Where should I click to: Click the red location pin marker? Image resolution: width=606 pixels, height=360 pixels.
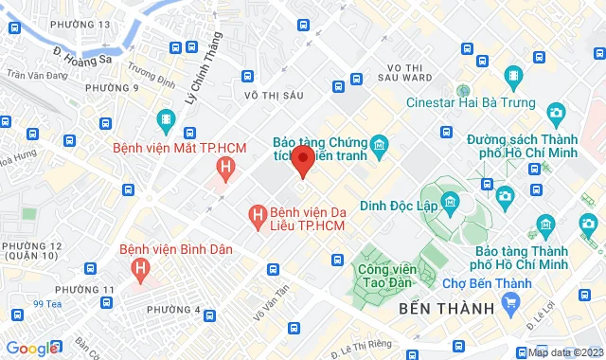302,161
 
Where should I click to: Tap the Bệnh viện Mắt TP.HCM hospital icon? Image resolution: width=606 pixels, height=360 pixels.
225,171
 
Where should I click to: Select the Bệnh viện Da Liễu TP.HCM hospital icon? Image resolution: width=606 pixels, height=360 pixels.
255,216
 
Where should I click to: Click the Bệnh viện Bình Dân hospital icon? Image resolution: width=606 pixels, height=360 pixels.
141,270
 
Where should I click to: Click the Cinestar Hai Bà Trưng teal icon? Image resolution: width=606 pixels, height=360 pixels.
512,75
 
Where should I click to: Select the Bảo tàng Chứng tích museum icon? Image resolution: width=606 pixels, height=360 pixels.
379,144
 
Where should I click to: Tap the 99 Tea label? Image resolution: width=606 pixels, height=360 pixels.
46,304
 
